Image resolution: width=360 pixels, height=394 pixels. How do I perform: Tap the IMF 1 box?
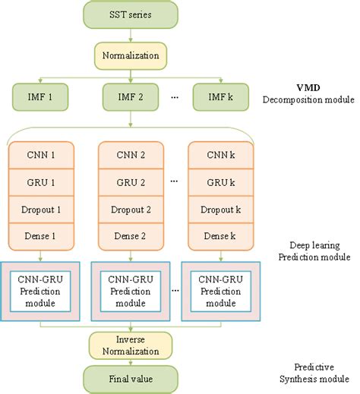point(39,96)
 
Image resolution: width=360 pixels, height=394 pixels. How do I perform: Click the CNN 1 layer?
point(39,155)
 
